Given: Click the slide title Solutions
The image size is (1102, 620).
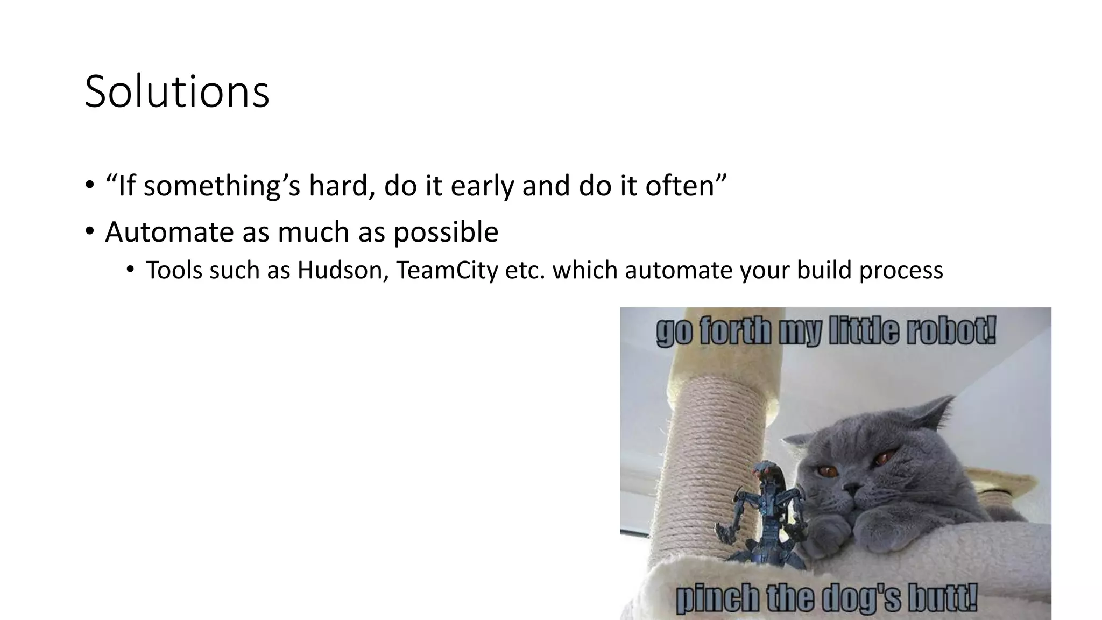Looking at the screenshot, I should tap(177, 92).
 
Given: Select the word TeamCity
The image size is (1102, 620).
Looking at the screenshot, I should tap(447, 270).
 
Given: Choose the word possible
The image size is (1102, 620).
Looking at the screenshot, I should tap(446, 233).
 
